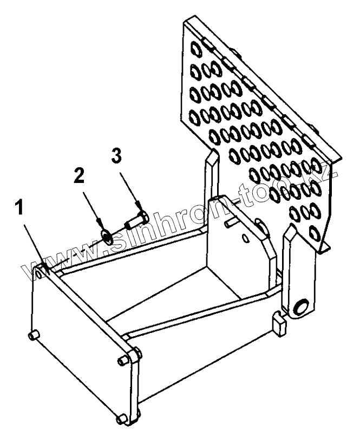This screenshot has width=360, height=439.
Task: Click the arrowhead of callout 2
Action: (101, 223)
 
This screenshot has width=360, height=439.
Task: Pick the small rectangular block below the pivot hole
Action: (279, 324)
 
